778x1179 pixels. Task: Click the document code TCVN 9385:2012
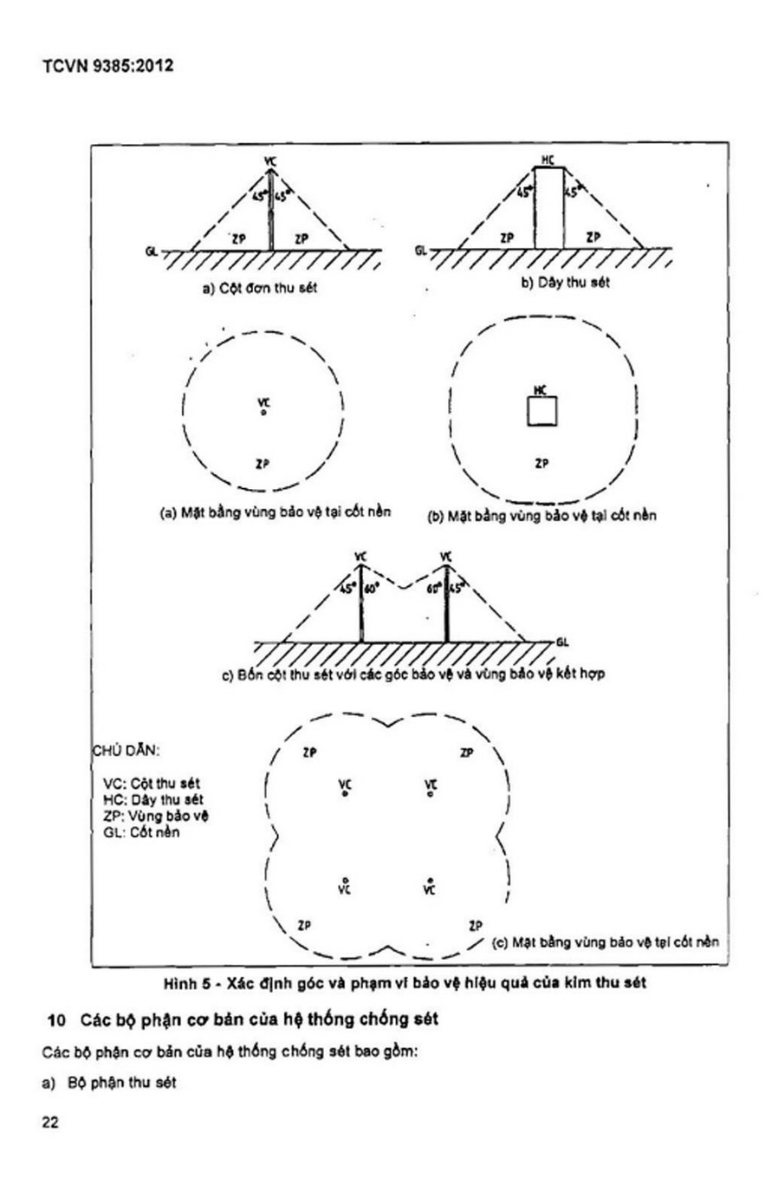[108, 66]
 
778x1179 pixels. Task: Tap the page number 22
[50, 1122]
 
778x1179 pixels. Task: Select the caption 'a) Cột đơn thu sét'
[260, 288]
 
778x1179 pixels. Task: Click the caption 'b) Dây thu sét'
[566, 283]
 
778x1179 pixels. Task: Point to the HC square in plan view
[542, 411]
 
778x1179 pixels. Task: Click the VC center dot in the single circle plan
[263, 412]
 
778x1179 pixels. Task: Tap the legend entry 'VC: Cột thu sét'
[152, 783]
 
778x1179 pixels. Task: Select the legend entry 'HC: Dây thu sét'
[153, 799]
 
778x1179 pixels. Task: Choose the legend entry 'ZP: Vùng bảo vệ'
[156, 816]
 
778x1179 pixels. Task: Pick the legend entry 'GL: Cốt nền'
[141, 832]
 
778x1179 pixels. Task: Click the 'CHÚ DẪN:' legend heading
[126, 751]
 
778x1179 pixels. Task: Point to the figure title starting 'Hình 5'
[405, 983]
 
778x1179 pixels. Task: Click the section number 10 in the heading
[56, 1020]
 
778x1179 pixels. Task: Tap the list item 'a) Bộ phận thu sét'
[109, 1083]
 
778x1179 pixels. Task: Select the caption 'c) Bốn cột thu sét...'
[413, 674]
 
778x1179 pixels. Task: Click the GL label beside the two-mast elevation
[562, 642]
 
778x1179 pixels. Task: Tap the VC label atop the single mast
[270, 161]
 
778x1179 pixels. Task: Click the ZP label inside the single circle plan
[263, 465]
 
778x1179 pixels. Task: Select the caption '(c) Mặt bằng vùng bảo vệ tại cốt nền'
[605, 941]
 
